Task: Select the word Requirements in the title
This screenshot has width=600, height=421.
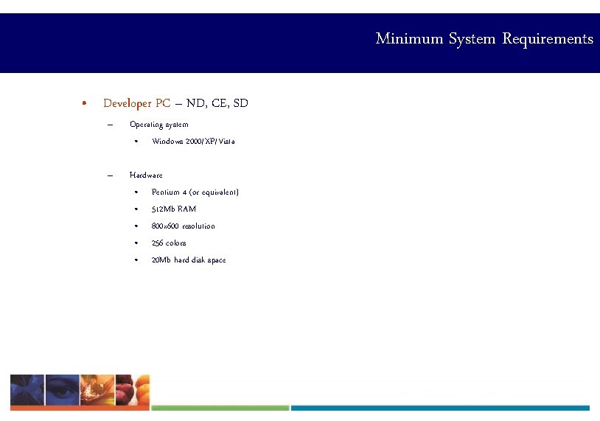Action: [548, 38]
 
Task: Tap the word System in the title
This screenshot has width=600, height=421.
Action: [472, 38]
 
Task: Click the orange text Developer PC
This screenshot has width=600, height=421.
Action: [137, 103]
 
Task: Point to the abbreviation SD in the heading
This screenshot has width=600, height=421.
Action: [240, 103]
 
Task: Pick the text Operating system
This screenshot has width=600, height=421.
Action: [158, 124]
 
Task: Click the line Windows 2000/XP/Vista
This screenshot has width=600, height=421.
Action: [193, 141]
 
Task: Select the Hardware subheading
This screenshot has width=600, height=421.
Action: [146, 175]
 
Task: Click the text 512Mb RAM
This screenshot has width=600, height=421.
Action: [174, 209]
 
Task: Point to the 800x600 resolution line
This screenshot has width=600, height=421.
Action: [184, 226]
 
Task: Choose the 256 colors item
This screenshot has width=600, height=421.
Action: [169, 243]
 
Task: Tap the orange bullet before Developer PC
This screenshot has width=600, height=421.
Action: [86, 103]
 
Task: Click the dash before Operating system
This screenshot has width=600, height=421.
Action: [109, 124]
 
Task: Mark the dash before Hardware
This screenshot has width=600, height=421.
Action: [109, 175]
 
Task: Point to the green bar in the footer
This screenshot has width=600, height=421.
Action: [220, 408]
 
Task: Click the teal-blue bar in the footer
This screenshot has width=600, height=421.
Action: [440, 408]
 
